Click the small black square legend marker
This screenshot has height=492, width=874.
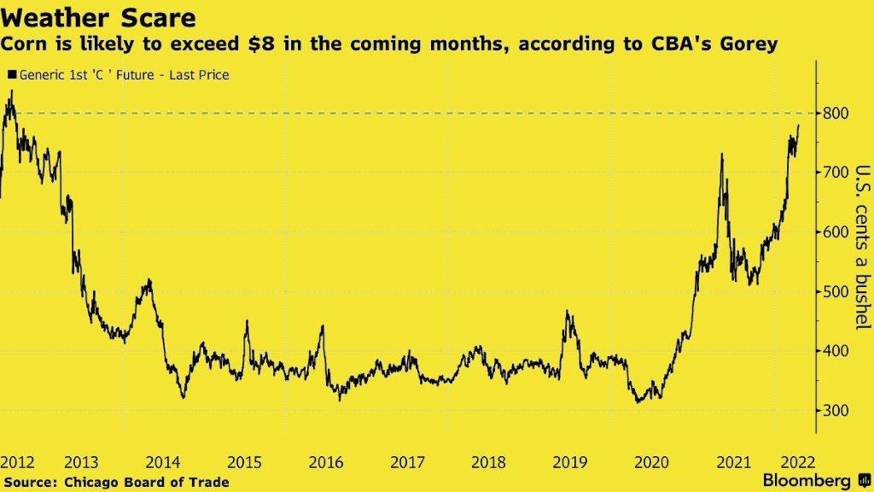(10, 75)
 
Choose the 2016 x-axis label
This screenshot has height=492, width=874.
(325, 463)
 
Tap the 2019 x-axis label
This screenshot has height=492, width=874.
(569, 463)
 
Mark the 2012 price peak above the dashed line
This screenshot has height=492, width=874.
(10, 92)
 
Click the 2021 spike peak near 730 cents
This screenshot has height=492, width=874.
(722, 155)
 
